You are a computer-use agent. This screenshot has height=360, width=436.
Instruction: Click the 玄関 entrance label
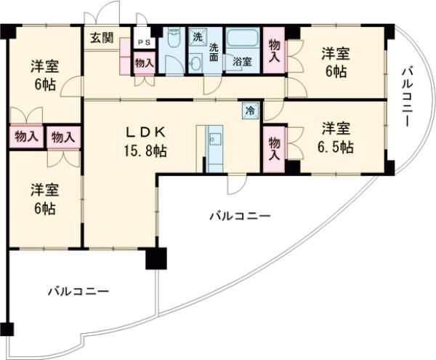pos(101,37)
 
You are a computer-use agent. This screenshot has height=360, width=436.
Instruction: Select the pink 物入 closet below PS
pos(144,63)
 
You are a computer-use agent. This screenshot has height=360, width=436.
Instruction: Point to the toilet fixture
pos(173,50)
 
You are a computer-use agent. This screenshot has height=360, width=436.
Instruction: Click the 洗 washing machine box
pos(197,36)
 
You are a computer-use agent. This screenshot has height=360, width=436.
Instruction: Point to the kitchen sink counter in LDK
pos(214,148)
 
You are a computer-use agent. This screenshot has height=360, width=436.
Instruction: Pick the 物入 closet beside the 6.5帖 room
pos(274,148)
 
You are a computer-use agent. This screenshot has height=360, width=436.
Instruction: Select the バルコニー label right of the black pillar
pos(239,215)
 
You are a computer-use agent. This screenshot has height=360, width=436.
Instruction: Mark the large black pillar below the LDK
pos(155,258)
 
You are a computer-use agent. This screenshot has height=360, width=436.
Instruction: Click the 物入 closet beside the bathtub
pos(274,50)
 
